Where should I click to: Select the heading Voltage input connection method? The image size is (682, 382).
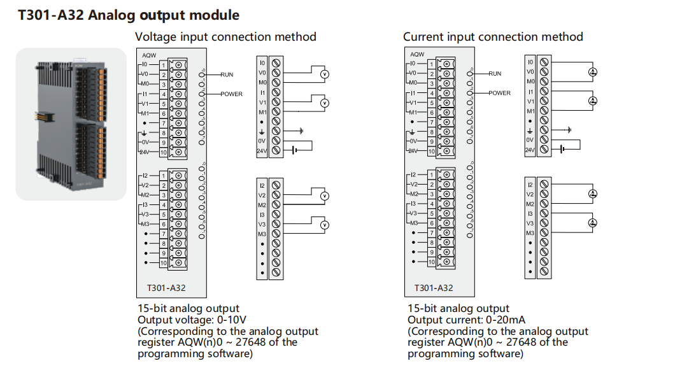[225, 37]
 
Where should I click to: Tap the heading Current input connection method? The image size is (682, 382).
[493, 37]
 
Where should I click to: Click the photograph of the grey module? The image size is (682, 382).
[71, 124]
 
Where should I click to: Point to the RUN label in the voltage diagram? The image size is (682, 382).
[227, 74]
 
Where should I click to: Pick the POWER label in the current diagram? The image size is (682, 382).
[499, 94]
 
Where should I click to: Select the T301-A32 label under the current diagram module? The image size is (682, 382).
[434, 288]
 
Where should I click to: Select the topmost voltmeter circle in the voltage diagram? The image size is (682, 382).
[323, 74]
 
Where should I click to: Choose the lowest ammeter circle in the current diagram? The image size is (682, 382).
[592, 222]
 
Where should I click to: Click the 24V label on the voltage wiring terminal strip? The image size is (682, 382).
[262, 151]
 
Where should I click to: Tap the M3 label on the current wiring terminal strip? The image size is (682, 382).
[530, 234]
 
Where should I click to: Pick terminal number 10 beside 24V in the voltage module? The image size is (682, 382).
[164, 152]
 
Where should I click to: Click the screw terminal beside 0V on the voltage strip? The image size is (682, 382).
[276, 141]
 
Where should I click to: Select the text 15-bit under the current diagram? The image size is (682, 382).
[423, 309]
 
